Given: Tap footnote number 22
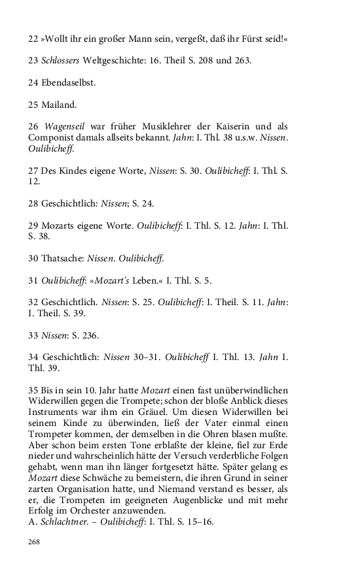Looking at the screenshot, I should tap(33, 39).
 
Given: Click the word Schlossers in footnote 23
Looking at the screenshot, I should tap(62, 61).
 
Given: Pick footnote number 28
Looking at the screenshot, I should tap(33, 203).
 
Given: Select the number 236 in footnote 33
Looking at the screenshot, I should tap(90, 335).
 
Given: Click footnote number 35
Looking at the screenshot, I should tap(33, 390).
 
